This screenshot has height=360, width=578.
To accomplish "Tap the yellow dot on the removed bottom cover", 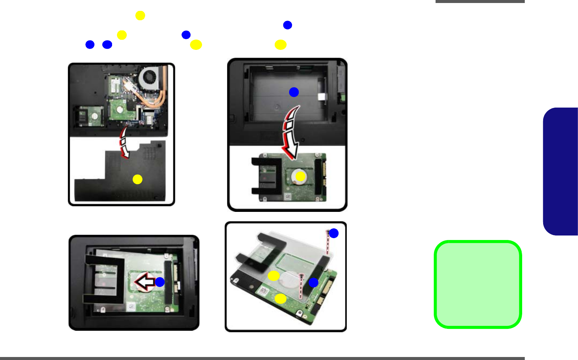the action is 138,179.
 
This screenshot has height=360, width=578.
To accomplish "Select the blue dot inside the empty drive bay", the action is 294,92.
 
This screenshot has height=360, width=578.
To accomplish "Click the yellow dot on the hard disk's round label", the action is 300,176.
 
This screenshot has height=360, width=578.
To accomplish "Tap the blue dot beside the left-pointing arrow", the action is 160,282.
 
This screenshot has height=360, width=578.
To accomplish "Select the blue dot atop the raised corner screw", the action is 334,233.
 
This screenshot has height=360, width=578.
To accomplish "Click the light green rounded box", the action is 478,284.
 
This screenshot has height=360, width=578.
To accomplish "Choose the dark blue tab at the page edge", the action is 561,171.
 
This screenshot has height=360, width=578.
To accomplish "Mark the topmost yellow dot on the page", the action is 140,15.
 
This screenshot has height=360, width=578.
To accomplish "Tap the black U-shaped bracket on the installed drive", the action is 103,277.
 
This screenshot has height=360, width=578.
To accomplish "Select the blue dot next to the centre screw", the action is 313,283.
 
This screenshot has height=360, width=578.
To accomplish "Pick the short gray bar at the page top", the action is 480,1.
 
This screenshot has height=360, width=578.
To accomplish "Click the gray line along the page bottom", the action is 262,358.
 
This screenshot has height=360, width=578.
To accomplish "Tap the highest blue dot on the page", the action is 288,25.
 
